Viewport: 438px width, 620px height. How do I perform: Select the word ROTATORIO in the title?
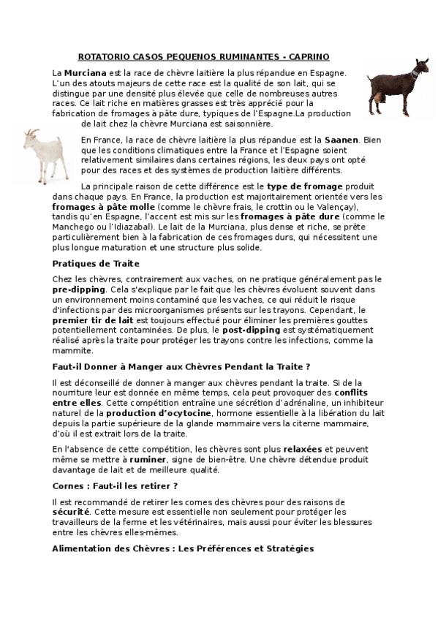[x=102, y=56]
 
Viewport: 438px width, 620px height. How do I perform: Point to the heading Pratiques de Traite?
[x=95, y=263]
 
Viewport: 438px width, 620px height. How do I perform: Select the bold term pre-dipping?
[x=79, y=290]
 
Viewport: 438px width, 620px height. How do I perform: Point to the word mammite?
[x=73, y=351]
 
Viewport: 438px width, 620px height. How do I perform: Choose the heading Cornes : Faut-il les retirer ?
[x=116, y=485]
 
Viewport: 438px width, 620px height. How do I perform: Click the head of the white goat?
[x=30, y=136]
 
